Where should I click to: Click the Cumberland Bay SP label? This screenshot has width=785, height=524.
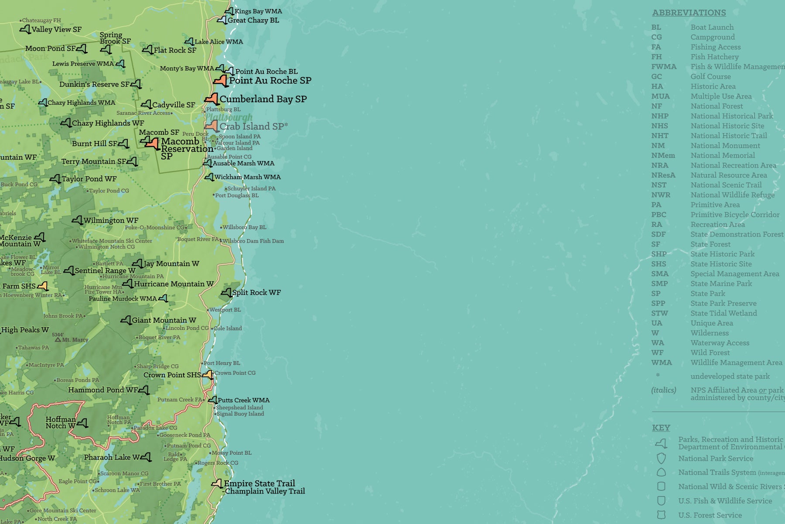[x=263, y=99]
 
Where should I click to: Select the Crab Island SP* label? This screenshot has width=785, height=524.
[x=253, y=127]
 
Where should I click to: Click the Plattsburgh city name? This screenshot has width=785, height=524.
[x=229, y=117]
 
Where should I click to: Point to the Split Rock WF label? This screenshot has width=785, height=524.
[x=256, y=292]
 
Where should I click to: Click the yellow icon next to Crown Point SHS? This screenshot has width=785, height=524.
[x=208, y=375]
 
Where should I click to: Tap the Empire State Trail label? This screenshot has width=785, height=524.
[x=259, y=483]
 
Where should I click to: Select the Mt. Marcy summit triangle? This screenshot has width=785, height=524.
[x=58, y=339]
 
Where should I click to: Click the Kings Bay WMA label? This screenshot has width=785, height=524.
[x=258, y=11]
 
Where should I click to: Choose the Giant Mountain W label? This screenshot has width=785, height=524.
[x=164, y=320]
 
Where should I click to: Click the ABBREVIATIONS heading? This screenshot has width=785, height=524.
[x=689, y=13]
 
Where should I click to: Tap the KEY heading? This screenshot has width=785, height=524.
[x=661, y=428]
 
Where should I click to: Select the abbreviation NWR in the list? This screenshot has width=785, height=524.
[x=661, y=195]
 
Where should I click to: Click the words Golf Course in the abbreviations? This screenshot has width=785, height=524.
[x=710, y=76]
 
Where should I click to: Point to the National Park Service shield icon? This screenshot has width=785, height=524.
[x=661, y=458]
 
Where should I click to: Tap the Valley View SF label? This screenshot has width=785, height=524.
[x=56, y=29]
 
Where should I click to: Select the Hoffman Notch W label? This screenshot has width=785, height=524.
[x=61, y=422]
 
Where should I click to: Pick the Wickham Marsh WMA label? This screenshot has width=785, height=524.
[x=247, y=177]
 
